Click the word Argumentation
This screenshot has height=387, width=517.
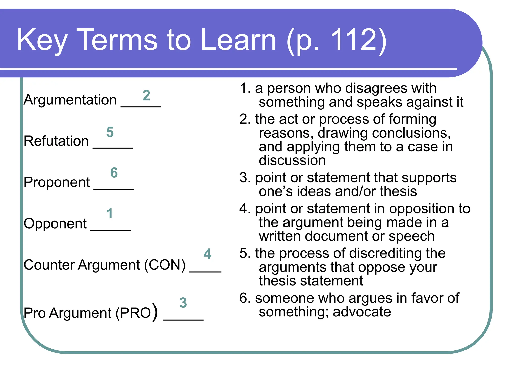[x=70, y=100]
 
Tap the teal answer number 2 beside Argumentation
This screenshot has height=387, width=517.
[x=146, y=95]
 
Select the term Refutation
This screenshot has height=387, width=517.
[x=56, y=141]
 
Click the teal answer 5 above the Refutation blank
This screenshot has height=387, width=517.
[x=110, y=132]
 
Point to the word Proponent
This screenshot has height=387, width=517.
[x=57, y=182]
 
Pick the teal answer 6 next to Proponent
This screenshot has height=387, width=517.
[x=114, y=173]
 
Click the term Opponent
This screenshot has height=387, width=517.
[x=55, y=224]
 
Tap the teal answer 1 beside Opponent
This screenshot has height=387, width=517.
[x=109, y=214]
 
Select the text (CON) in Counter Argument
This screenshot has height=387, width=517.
[x=165, y=265]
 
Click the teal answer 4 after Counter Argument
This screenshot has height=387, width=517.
[x=207, y=254]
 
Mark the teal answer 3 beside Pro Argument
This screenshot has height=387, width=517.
[x=183, y=303]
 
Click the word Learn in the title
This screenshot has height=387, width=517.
[x=238, y=40]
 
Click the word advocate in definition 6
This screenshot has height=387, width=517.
[x=362, y=312]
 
